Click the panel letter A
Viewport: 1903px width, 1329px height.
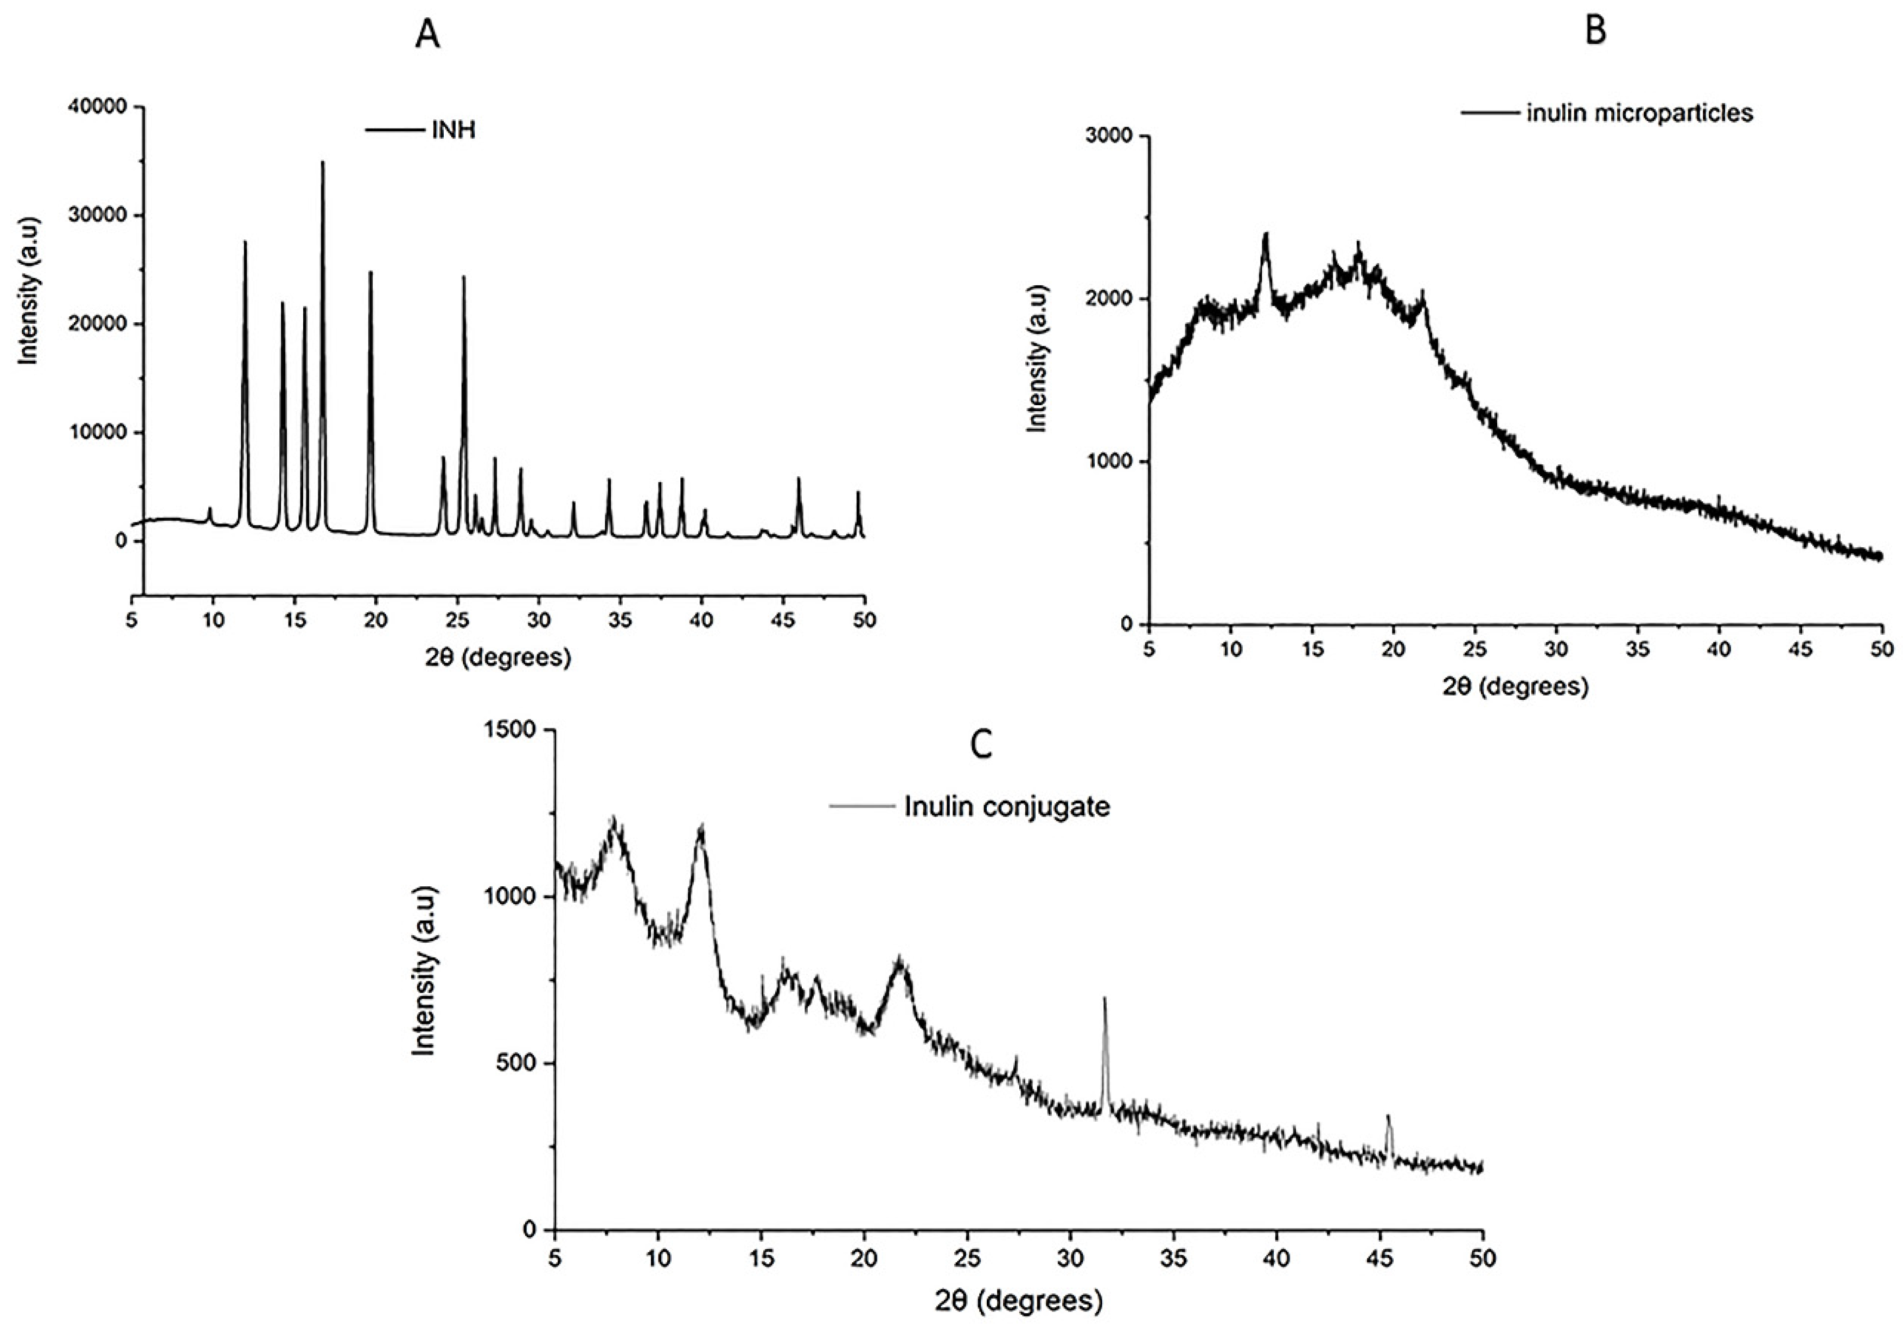[427, 35]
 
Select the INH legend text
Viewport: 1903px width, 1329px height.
[454, 130]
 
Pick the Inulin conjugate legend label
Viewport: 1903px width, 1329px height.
[1007, 806]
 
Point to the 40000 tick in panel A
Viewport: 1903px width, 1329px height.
[97, 107]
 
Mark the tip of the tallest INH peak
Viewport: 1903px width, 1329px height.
[322, 162]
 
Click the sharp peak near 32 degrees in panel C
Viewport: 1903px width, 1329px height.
[1104, 999]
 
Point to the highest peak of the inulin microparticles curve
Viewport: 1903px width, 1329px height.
[1266, 234]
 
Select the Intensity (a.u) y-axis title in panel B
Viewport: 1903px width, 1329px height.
[1037, 358]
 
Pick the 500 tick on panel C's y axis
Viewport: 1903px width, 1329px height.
[518, 1063]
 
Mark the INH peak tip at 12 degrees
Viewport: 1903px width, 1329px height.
[245, 242]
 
